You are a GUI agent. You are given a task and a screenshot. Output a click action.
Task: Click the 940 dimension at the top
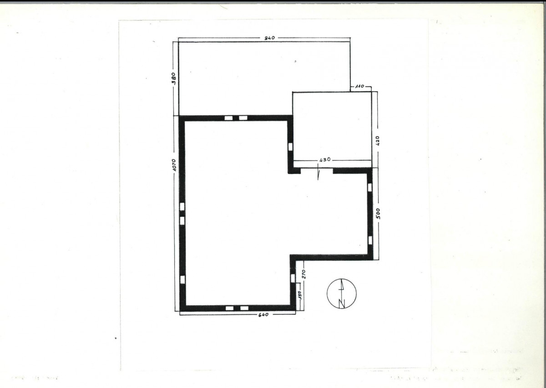click(x=269, y=38)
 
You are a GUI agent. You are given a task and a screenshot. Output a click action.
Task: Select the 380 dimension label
click(x=173, y=78)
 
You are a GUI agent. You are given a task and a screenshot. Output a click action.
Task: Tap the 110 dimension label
click(x=359, y=86)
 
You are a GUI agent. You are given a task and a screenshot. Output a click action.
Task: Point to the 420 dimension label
click(x=378, y=141)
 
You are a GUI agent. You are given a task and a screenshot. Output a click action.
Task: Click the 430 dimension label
click(x=325, y=159)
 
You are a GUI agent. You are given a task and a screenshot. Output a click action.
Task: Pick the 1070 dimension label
click(x=173, y=165)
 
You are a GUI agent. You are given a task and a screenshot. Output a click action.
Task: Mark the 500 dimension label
click(x=378, y=214)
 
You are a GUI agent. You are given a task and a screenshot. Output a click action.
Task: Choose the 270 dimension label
click(x=304, y=274)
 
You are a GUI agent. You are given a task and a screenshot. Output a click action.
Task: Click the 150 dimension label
click(x=299, y=295)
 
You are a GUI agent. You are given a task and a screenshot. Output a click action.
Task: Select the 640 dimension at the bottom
click(x=263, y=315)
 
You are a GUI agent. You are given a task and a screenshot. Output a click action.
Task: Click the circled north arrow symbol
click(x=342, y=293)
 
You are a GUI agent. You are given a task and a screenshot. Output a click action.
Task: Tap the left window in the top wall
click(x=228, y=118)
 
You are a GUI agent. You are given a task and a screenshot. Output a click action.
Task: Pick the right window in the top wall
click(x=243, y=118)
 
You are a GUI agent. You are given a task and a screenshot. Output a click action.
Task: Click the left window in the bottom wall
click(x=230, y=308)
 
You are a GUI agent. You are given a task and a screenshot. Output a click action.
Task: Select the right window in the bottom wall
click(x=244, y=308)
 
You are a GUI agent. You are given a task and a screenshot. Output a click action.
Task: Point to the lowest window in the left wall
click(x=182, y=280)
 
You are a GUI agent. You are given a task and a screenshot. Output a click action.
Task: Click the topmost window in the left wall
click(x=182, y=206)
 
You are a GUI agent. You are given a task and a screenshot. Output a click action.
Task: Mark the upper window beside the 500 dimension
click(x=370, y=188)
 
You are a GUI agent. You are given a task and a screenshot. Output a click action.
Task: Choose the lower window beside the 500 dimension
click(x=370, y=240)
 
